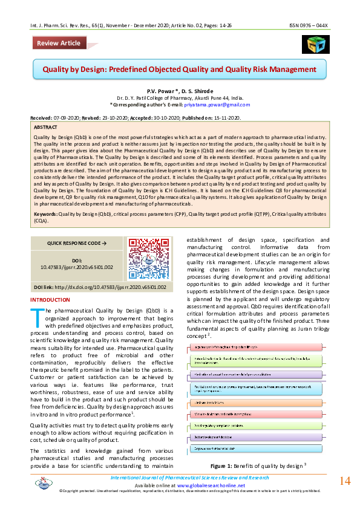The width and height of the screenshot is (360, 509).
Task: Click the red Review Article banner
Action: coord(57,43)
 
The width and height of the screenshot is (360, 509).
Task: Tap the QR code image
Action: coord(142,258)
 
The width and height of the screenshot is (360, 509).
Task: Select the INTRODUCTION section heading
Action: coord(50,300)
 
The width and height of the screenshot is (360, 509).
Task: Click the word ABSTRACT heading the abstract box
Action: coord(47,128)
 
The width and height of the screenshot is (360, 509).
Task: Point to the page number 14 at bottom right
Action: coord(344,481)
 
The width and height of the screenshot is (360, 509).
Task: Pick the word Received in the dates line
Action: coord(41,118)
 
